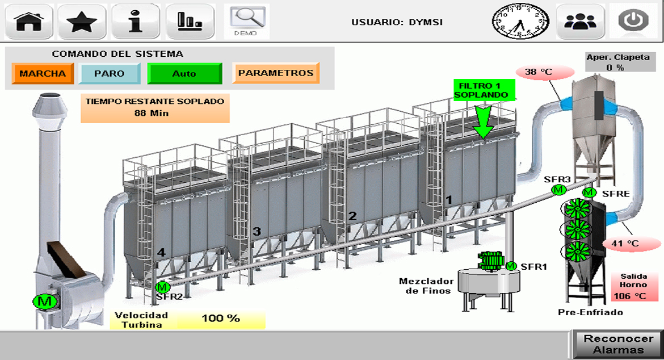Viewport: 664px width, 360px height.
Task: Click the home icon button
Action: click(30, 22)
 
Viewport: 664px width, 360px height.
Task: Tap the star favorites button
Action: click(82, 22)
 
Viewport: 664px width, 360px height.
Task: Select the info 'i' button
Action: click(135, 22)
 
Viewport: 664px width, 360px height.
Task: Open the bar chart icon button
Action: click(190, 22)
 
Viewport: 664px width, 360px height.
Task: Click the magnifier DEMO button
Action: click(246, 21)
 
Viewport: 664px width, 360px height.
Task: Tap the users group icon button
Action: click(579, 22)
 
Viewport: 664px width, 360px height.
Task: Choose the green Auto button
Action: click(184, 73)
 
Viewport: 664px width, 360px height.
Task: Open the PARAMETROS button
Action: click(276, 73)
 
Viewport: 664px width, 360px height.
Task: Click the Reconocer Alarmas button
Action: click(619, 344)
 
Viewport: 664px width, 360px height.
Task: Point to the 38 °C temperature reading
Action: click(538, 72)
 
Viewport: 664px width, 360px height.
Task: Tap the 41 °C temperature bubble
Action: click(625, 244)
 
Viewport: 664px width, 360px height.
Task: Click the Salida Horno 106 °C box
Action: click(633, 287)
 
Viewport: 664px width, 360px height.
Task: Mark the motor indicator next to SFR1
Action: click(511, 266)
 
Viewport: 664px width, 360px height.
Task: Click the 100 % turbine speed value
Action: click(221, 319)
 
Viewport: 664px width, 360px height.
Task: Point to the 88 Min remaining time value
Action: click(155, 113)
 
